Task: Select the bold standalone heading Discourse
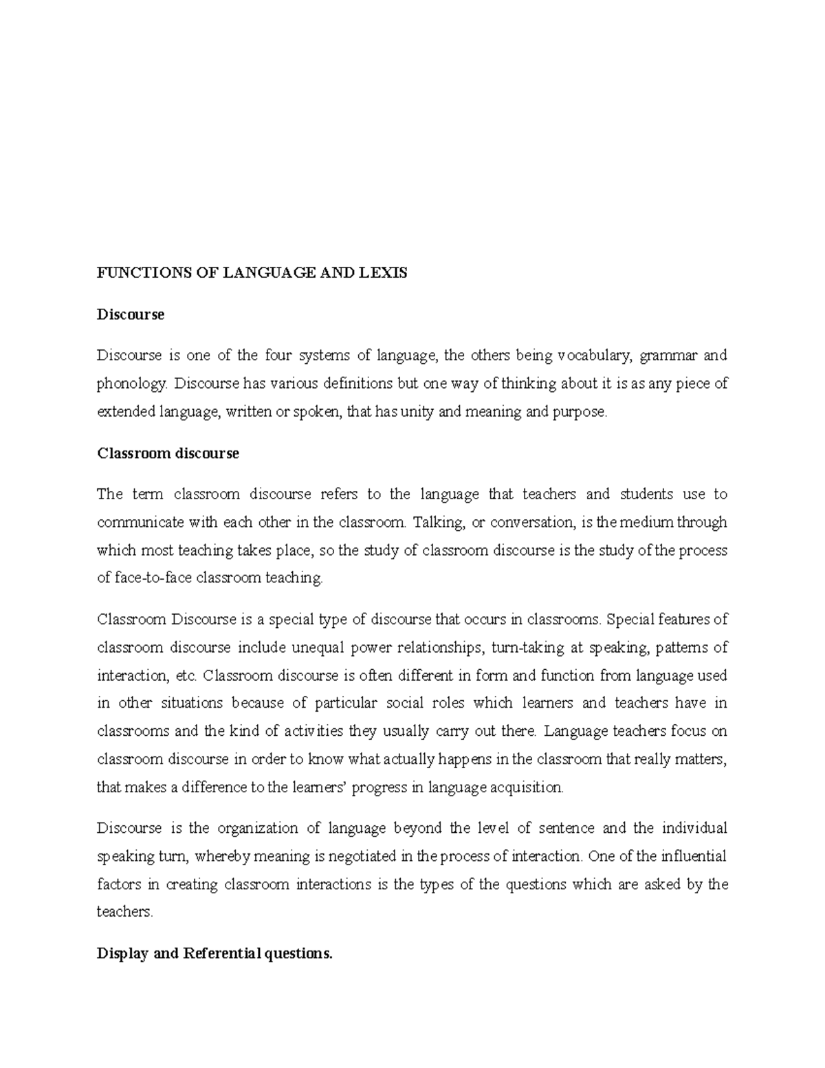point(131,314)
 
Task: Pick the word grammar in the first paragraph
point(668,356)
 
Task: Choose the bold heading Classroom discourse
point(168,453)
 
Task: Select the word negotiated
point(362,856)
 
